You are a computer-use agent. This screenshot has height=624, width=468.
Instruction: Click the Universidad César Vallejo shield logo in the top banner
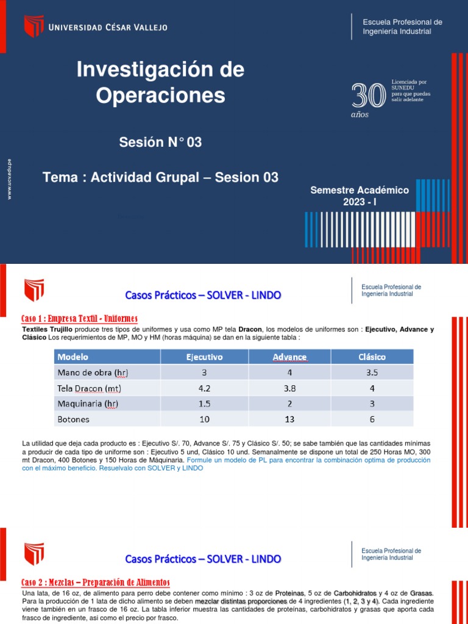click(34, 26)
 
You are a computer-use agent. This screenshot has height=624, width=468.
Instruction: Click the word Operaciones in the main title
click(160, 96)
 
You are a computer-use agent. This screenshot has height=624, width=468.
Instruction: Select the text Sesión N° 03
click(160, 143)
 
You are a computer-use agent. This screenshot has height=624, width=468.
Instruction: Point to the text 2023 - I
click(360, 202)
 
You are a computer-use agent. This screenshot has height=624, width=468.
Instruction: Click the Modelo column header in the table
click(73, 356)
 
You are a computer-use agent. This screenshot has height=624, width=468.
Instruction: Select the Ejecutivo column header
click(205, 356)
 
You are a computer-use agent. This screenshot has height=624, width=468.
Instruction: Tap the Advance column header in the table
click(289, 356)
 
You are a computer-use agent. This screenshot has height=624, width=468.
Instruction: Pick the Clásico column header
click(372, 356)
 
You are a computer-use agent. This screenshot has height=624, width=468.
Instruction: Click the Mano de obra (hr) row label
click(93, 372)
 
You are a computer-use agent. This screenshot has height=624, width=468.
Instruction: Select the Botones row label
click(74, 419)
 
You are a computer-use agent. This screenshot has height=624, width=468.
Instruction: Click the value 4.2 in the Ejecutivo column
click(205, 388)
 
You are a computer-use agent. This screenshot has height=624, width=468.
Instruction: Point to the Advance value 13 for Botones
click(290, 419)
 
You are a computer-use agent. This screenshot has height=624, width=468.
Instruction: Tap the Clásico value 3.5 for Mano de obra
click(372, 372)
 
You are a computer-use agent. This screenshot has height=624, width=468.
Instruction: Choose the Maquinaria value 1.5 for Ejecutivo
click(205, 403)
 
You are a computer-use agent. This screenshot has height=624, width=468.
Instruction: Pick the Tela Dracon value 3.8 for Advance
click(290, 388)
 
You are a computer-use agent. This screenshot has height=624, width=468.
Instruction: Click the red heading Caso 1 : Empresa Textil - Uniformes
click(80, 319)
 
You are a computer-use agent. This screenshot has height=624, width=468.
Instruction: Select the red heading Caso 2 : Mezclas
click(96, 582)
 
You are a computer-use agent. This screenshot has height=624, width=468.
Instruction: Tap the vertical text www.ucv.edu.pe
click(9, 178)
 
